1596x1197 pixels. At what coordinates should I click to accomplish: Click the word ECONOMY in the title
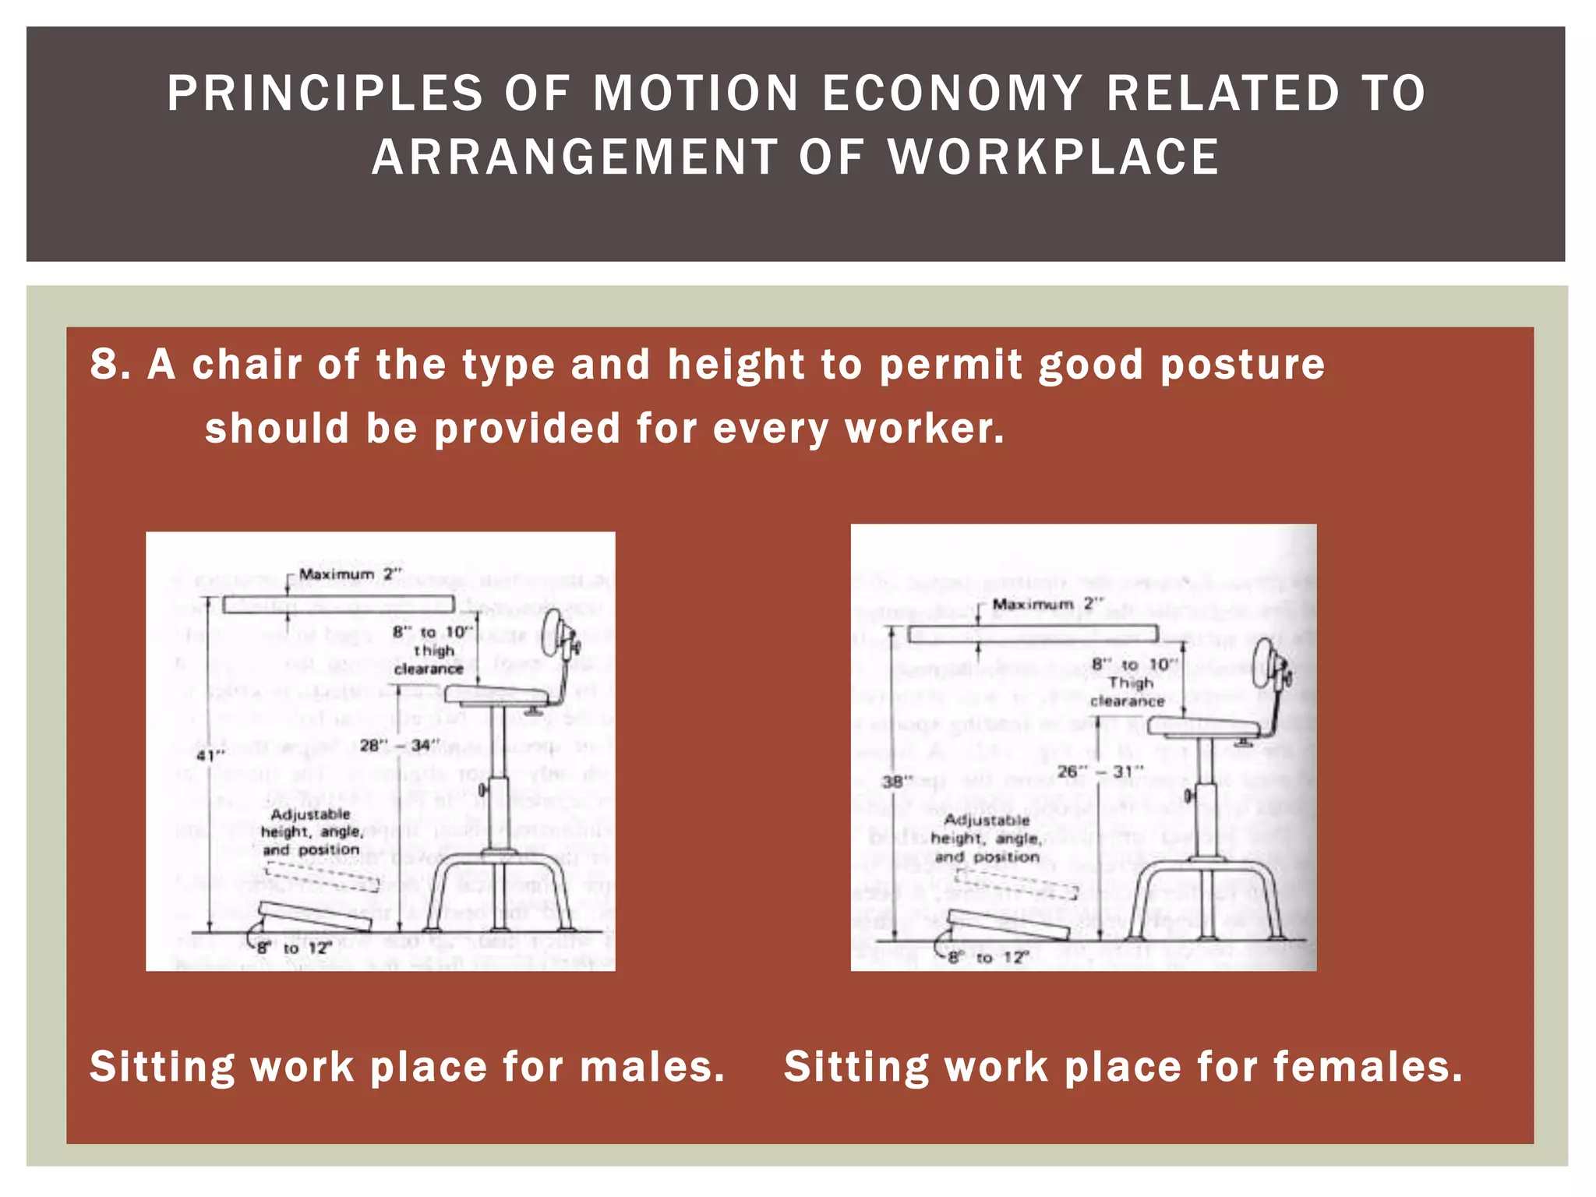[952, 94]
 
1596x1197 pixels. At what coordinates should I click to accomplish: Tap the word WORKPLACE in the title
[1054, 157]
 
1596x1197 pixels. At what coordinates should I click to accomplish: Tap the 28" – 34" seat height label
[400, 746]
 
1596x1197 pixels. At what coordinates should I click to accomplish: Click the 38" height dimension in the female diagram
[897, 780]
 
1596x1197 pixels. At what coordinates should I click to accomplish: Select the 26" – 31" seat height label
[1099, 772]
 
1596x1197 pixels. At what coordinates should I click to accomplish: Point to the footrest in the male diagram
[315, 916]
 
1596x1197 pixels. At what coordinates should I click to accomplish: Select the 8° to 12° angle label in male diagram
[295, 948]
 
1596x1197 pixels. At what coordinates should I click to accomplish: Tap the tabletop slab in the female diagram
[1033, 633]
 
